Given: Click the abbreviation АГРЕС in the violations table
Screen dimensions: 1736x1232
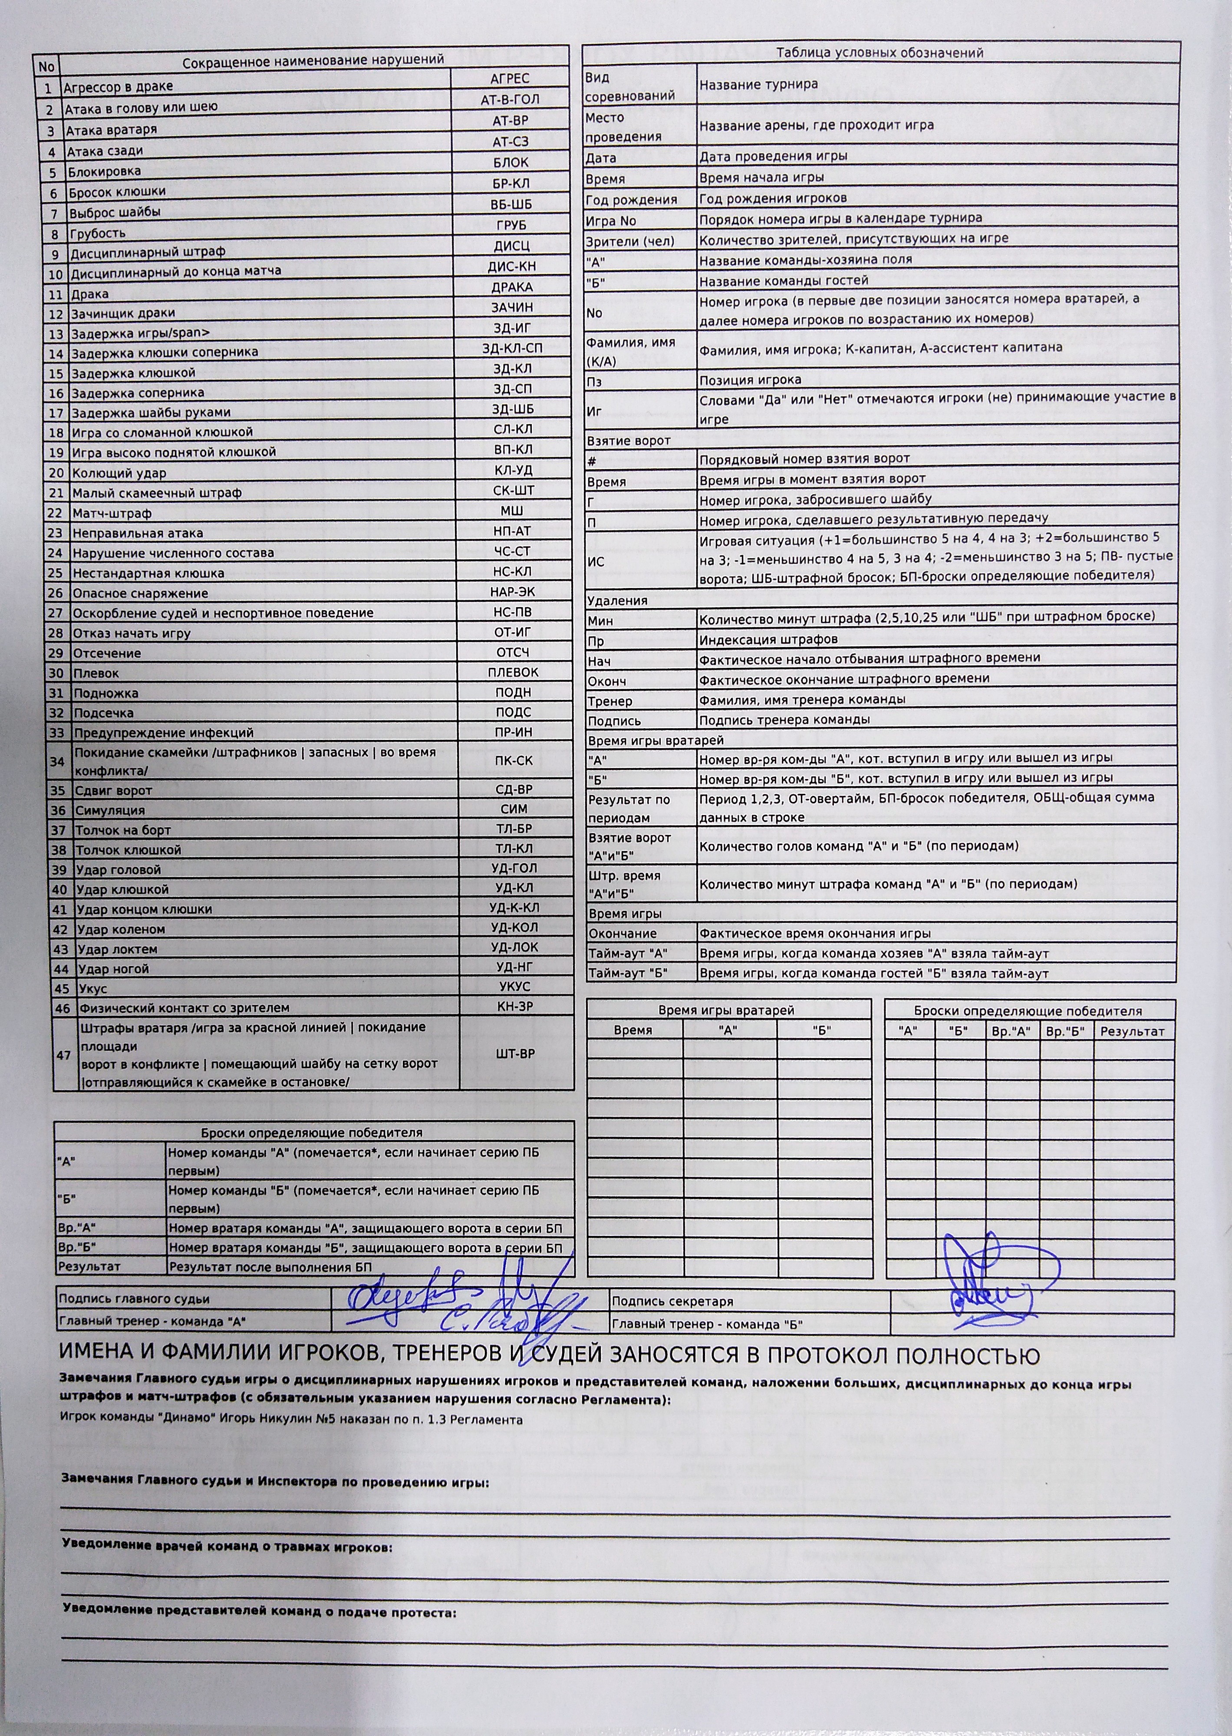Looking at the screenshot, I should click(x=509, y=78).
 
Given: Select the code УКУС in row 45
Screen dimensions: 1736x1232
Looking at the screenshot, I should click(x=514, y=986).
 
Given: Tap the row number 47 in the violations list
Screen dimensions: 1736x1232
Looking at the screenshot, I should click(x=64, y=1055).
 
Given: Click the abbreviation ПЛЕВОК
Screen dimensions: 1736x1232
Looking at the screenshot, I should click(x=513, y=672).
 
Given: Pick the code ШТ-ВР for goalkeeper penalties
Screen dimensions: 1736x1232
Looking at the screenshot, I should click(x=515, y=1053).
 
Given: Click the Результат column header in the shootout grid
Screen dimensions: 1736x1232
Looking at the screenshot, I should click(x=1132, y=1032).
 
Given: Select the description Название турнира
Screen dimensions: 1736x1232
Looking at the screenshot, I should click(x=758, y=85).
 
